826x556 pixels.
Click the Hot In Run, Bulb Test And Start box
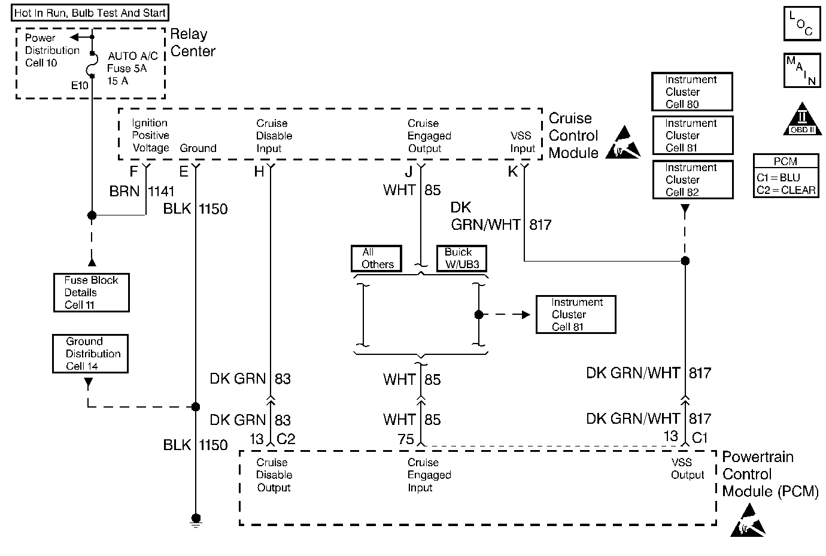tap(90, 13)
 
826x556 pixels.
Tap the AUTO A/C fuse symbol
tap(92, 63)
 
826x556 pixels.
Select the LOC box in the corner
tap(801, 24)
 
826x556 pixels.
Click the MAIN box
tap(801, 70)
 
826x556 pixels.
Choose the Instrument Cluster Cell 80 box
tap(692, 92)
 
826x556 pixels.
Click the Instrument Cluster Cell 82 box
tap(692, 180)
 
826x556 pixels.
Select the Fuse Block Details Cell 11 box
tap(91, 293)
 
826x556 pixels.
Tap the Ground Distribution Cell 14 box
tap(90, 354)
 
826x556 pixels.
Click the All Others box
tap(377, 259)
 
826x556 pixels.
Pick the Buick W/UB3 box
tap(461, 259)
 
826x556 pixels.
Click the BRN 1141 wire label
tap(142, 192)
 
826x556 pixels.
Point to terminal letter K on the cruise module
tap(512, 172)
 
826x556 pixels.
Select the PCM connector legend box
tap(786, 176)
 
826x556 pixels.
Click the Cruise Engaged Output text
tap(429, 136)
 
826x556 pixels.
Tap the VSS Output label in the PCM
tap(687, 469)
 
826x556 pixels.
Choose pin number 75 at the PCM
tap(406, 439)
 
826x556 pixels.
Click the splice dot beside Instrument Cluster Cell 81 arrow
tap(478, 314)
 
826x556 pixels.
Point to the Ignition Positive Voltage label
tap(150, 135)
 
